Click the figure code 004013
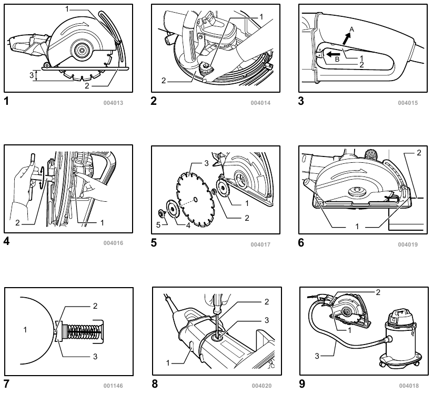click(113, 103)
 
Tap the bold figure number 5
click(154, 243)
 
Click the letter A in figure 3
click(352, 30)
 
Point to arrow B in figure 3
click(332, 53)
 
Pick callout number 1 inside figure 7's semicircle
click(24, 330)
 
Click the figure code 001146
click(113, 385)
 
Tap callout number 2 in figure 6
click(419, 153)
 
